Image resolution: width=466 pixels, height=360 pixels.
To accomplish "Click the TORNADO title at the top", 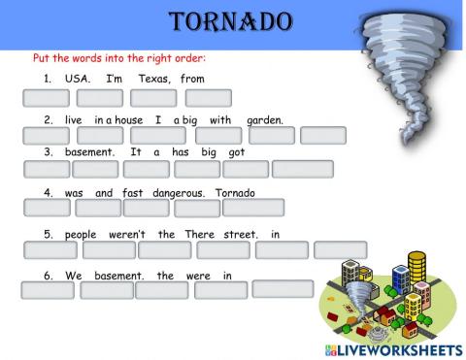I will [230, 21].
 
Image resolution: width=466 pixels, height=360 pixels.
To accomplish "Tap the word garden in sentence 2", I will [265, 119].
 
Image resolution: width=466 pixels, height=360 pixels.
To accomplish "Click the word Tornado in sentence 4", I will [234, 193].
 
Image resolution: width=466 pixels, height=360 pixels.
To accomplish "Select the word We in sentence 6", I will [74, 276].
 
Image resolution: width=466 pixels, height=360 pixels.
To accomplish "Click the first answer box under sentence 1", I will [46, 97].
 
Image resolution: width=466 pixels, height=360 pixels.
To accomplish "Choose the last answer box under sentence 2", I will [323, 135].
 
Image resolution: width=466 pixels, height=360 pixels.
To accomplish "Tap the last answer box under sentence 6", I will [283, 288].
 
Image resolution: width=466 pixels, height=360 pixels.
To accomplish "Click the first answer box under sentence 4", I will [46, 208].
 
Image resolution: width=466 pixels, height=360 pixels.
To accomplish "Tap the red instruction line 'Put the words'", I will [118, 58].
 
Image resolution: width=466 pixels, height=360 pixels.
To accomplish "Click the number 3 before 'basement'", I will [48, 152].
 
